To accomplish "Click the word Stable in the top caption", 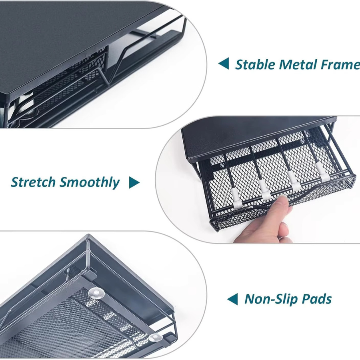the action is coord(255,64).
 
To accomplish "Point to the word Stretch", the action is coord(33,182).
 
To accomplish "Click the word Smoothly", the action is coord(90,182).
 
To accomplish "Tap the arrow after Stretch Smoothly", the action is coord(134,183).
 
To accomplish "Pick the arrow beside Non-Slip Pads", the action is coord(232,299).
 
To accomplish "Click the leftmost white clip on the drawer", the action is coord(237,198).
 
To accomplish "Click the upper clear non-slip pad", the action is coord(96,294).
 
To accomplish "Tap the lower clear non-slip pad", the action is coord(156,339).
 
